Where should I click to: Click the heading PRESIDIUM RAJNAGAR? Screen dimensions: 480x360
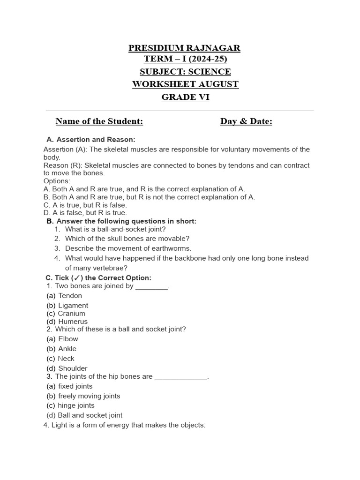[185, 48]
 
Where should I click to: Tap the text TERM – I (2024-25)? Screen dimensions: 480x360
[185, 59]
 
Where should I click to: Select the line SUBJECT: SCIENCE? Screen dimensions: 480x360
[185, 72]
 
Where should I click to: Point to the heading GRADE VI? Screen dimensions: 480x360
[185, 97]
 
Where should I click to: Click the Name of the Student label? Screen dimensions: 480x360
[99, 121]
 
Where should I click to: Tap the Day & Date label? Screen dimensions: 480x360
[246, 121]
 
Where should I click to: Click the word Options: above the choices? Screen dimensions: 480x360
[57, 181]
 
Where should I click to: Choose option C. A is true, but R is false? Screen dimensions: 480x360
[85, 205]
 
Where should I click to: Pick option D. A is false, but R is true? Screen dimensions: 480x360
[85, 213]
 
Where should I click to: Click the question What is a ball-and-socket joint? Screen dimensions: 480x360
[115, 229]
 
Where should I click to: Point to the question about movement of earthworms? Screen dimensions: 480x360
[128, 248]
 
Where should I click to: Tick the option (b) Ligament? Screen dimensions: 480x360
[67, 305]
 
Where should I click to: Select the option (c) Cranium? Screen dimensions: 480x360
[66, 314]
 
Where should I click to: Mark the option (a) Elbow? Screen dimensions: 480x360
[62, 339]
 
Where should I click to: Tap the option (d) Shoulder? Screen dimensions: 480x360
[67, 368]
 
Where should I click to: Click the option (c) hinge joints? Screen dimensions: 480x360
[70, 405]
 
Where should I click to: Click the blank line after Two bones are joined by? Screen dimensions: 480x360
[151, 287]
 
